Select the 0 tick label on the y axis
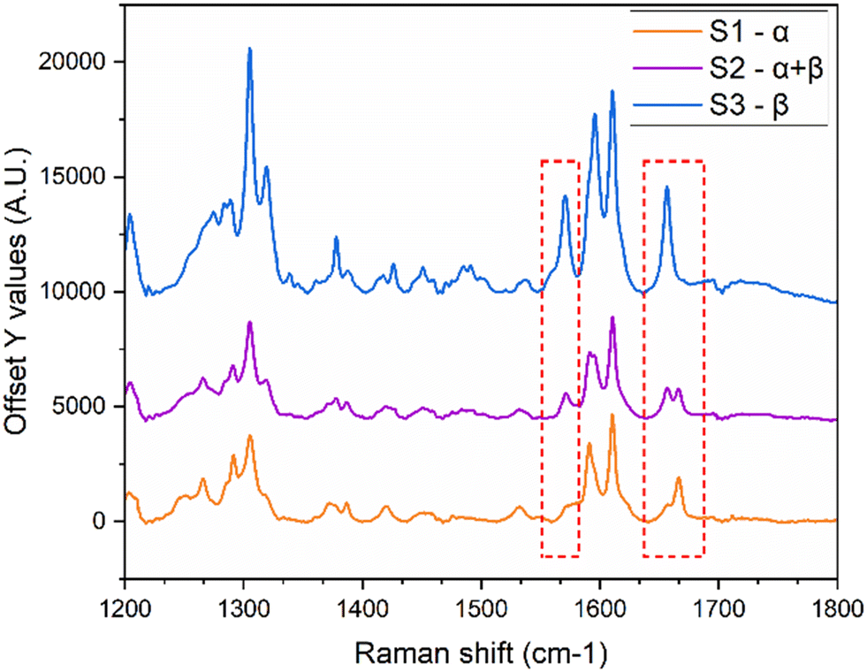pyautogui.click(x=106, y=522)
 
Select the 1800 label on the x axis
pyautogui.click(x=835, y=609)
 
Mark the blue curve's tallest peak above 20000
pyautogui.click(x=249, y=50)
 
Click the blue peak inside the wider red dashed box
pyautogui.click(x=667, y=187)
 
